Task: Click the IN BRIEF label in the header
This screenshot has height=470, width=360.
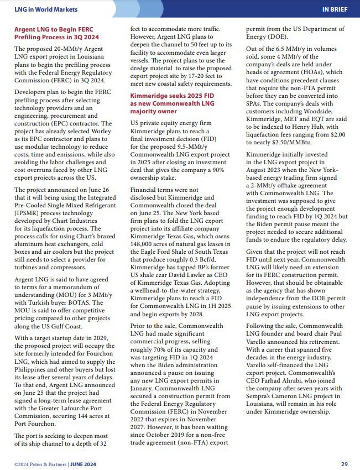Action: pyautogui.click(x=335, y=10)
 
